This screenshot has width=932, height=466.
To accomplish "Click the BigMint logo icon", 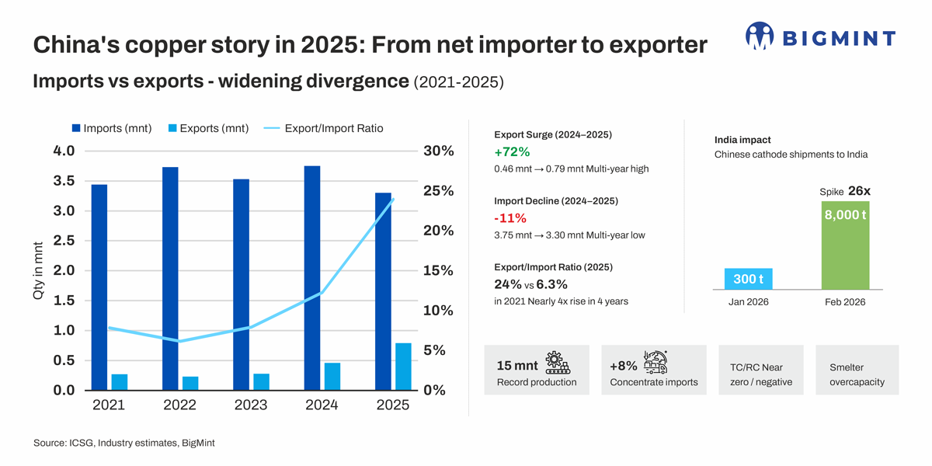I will coord(760,36).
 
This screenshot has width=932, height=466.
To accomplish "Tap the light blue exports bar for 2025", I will coord(403,366).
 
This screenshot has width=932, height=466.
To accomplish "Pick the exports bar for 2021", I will coord(120,381).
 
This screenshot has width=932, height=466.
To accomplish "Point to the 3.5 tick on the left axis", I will coord(64,181).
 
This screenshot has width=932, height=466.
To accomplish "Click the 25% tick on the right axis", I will coord(438,191).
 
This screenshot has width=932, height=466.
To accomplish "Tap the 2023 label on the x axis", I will coord(250,405).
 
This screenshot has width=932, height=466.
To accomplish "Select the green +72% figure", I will coord(512,151).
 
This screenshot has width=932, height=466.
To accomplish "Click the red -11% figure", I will coord(510,218).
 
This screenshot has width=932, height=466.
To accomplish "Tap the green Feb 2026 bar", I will coord(845,244).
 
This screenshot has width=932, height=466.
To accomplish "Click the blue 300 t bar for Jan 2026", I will coord(748,279).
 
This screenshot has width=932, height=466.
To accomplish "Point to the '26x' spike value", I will coord(859,190).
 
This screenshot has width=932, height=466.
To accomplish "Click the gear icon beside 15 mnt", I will coord(557,363).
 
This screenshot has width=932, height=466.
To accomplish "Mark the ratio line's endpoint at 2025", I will coord(393,199).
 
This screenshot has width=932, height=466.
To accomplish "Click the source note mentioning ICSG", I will coord(124,443).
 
